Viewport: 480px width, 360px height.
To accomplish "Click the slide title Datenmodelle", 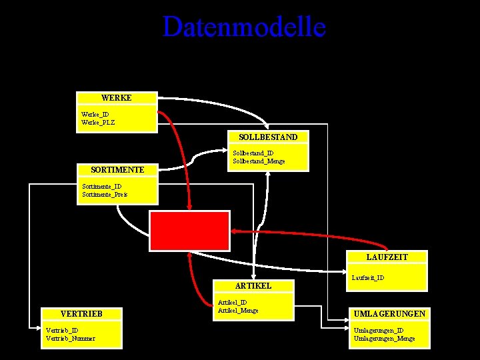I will point(244,27).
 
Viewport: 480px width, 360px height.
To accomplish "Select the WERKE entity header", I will point(117,98).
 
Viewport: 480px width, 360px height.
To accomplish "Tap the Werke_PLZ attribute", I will point(98,122).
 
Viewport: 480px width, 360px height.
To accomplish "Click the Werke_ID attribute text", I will point(95,114).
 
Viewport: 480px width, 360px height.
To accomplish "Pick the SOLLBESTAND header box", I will point(269,137).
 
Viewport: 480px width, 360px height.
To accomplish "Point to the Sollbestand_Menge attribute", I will point(259,161).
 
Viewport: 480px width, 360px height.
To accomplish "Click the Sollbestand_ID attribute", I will point(253,153).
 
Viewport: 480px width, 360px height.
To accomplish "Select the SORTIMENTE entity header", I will point(117,170).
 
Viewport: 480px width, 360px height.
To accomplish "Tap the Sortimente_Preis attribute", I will point(104,195).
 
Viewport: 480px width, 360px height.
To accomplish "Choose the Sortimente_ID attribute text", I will point(101,187).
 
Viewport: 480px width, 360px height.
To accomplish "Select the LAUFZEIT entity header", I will point(387,257).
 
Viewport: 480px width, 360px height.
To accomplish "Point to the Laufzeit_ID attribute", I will point(367,277).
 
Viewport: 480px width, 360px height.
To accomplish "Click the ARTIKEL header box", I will point(253,285).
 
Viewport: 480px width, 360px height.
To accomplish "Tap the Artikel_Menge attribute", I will point(238,310).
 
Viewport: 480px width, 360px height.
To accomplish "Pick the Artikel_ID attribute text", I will point(232,302).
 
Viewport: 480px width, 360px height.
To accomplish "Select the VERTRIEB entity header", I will point(81,313).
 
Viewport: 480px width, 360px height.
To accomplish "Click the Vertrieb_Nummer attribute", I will point(70,338).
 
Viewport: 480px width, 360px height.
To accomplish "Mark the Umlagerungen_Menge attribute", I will point(384,339).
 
